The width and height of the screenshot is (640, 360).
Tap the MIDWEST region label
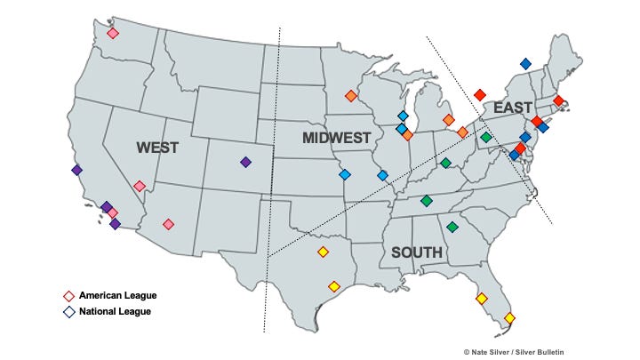click(x=336, y=138)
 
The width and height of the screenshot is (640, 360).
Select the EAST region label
click(x=513, y=108)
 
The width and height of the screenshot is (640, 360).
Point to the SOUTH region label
click(x=417, y=252)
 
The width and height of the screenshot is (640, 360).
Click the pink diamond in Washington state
click(x=113, y=34)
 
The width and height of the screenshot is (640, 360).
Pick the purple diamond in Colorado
click(x=245, y=162)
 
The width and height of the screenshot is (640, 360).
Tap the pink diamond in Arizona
click(x=169, y=224)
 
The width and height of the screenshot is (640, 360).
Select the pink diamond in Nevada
click(x=140, y=187)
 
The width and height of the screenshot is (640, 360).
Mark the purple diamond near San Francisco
click(x=76, y=170)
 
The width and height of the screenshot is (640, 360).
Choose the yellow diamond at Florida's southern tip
click(x=510, y=317)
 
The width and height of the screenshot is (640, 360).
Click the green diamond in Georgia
click(x=452, y=228)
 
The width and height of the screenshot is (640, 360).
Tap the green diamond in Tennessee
click(x=427, y=201)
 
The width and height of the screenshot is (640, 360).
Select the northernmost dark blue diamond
click(x=525, y=63)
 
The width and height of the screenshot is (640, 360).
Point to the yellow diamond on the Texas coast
click(x=334, y=286)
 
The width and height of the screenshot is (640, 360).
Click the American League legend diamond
click(x=68, y=295)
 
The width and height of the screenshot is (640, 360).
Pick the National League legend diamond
click(x=68, y=312)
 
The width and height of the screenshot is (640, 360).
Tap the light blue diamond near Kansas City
click(x=344, y=174)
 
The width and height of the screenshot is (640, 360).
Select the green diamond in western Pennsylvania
click(x=486, y=137)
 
